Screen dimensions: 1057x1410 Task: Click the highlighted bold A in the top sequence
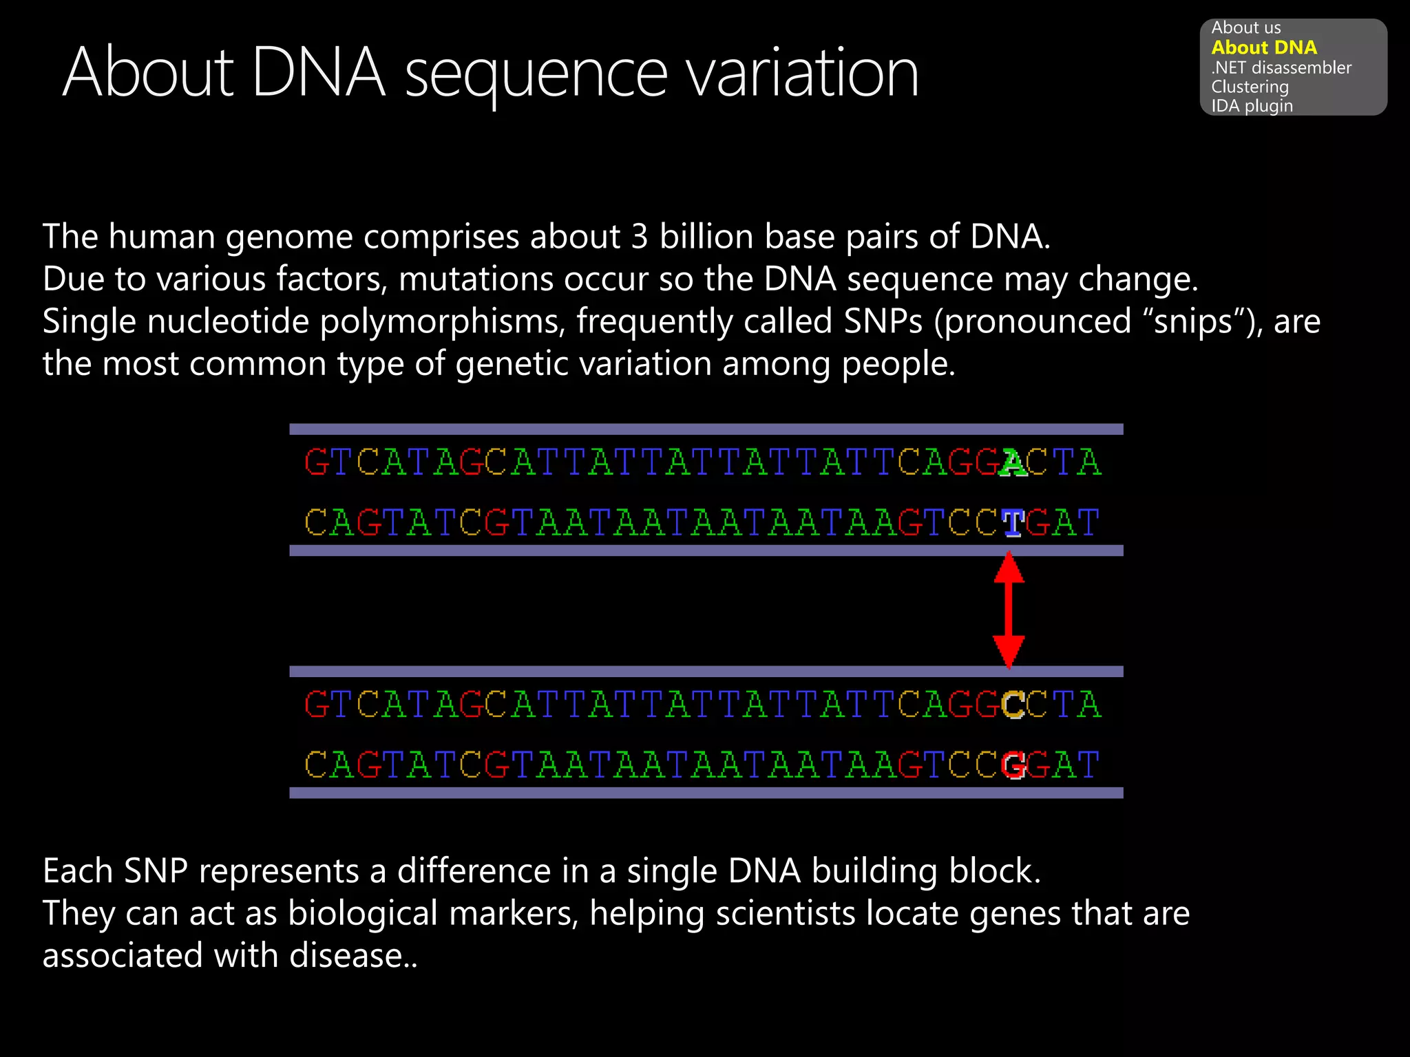point(1012,462)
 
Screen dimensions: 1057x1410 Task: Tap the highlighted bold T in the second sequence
point(1012,523)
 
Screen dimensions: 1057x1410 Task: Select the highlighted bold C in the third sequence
point(1012,705)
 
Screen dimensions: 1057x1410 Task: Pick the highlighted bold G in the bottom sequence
point(1012,765)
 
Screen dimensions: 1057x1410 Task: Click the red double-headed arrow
point(1009,610)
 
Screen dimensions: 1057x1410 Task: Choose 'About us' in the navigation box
point(1245,28)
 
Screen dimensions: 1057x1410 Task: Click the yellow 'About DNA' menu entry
point(1263,47)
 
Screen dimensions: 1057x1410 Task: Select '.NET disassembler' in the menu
point(1281,67)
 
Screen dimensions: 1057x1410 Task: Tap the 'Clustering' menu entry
point(1249,87)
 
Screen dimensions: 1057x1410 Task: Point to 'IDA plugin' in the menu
point(1251,106)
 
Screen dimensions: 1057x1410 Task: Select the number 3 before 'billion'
point(639,237)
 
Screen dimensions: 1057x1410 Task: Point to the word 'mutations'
point(476,279)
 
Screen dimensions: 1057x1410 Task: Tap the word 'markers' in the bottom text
point(514,913)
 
